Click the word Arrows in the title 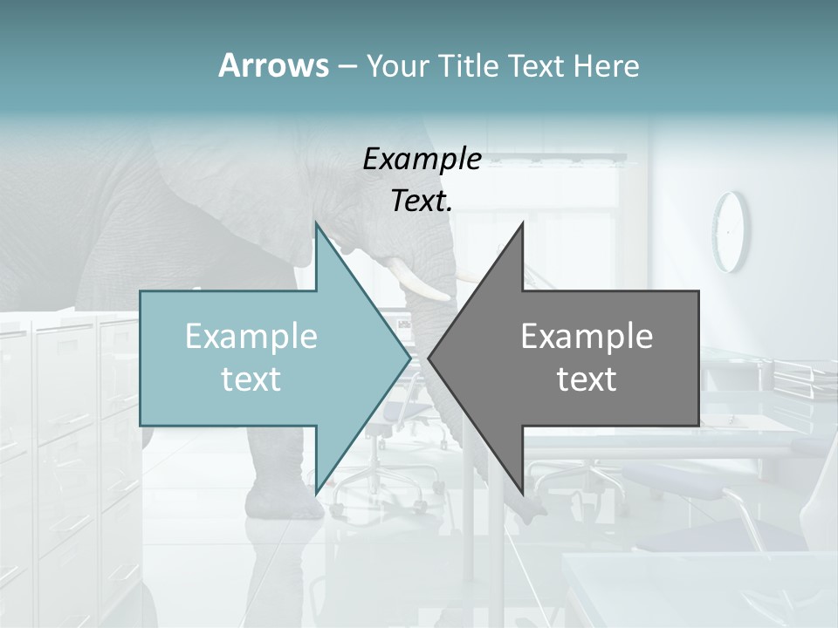click(272, 65)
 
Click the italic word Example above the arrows click(422, 160)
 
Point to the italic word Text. click(422, 201)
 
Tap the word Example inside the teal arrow click(251, 337)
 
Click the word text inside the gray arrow click(587, 379)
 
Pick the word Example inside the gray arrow click(587, 337)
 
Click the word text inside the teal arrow click(251, 379)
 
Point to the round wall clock click(732, 231)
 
